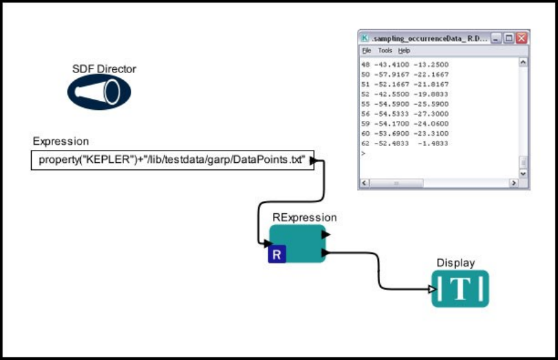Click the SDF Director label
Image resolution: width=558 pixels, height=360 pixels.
coord(104,69)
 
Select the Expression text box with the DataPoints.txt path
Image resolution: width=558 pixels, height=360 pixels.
coord(172,160)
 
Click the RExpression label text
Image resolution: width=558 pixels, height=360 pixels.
coord(304,218)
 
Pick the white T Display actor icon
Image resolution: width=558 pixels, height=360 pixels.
coord(460,289)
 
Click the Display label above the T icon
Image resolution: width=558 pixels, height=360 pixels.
coord(456,262)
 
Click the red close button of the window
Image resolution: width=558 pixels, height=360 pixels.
coord(521,38)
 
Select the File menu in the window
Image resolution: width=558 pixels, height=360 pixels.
coord(367,50)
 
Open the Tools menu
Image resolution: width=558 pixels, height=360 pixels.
coord(385,50)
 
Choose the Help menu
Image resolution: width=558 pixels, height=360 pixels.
coord(404,50)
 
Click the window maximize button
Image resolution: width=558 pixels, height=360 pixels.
coord(509,38)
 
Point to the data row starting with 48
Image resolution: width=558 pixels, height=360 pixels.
coord(405,65)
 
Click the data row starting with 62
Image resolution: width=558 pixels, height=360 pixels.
coord(405,143)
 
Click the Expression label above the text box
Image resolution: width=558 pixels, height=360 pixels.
coord(61,142)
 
